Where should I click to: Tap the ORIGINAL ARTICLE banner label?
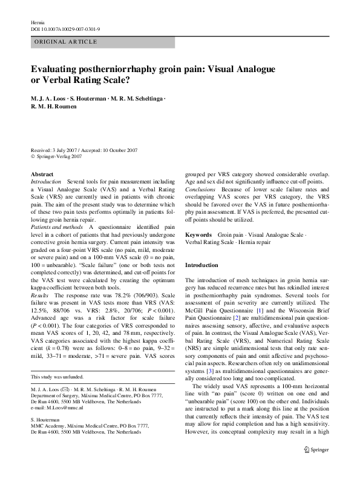click(66, 42)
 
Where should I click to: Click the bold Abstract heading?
click(41, 174)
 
